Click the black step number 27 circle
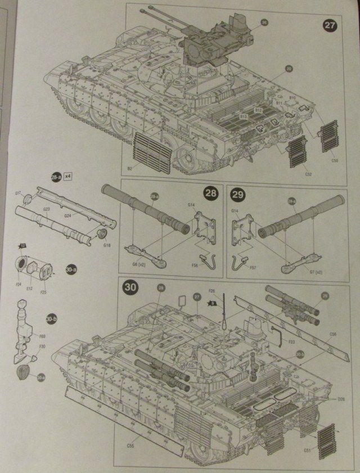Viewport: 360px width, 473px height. [329, 26]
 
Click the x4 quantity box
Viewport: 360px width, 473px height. [68, 176]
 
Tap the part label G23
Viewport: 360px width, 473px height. [46, 209]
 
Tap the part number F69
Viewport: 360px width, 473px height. [43, 337]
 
